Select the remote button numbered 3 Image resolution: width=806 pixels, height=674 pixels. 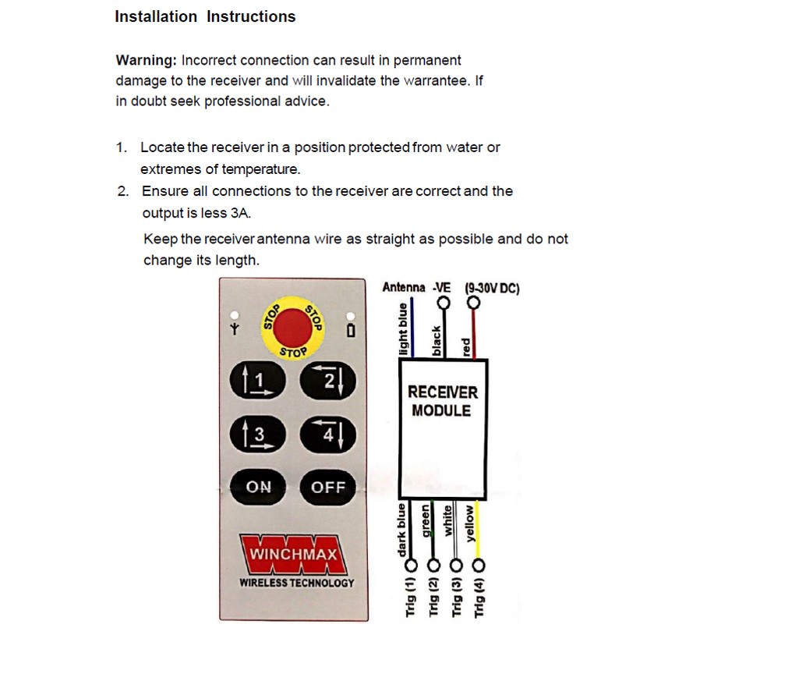258,435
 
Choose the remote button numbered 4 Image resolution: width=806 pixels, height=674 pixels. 327,435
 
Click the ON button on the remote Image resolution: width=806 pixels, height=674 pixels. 259,487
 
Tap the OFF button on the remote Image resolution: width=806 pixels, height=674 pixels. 327,487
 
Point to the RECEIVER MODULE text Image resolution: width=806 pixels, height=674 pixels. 442,401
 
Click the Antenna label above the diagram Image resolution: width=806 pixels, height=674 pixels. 403,288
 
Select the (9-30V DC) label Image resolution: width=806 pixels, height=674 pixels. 491,288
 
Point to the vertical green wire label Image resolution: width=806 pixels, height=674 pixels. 426,521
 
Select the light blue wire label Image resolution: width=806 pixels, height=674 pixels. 403,328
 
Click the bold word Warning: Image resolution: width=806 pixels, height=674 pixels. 146,61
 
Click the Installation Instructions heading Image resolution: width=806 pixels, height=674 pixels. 205,16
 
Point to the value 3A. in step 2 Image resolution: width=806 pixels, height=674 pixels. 241,213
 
